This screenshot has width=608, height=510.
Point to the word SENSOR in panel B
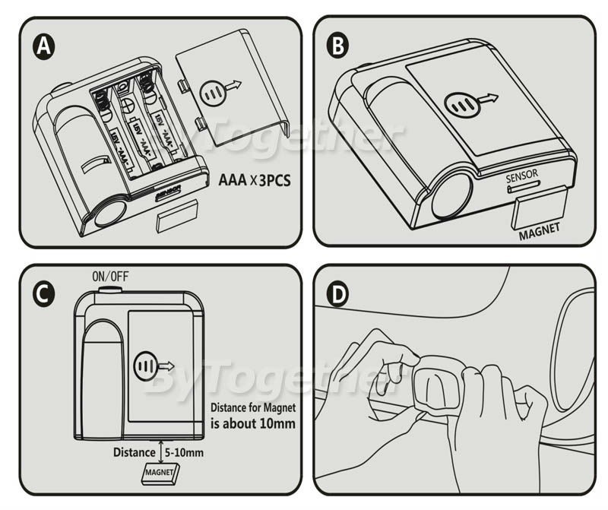pos(522,175)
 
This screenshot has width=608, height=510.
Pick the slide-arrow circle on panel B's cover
pos(459,103)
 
